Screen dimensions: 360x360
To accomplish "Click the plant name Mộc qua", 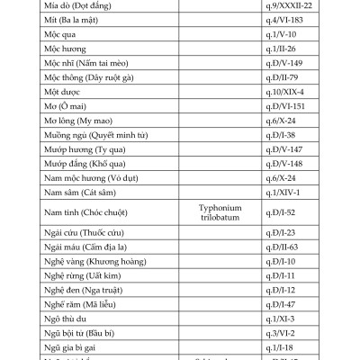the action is coord(61,35).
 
